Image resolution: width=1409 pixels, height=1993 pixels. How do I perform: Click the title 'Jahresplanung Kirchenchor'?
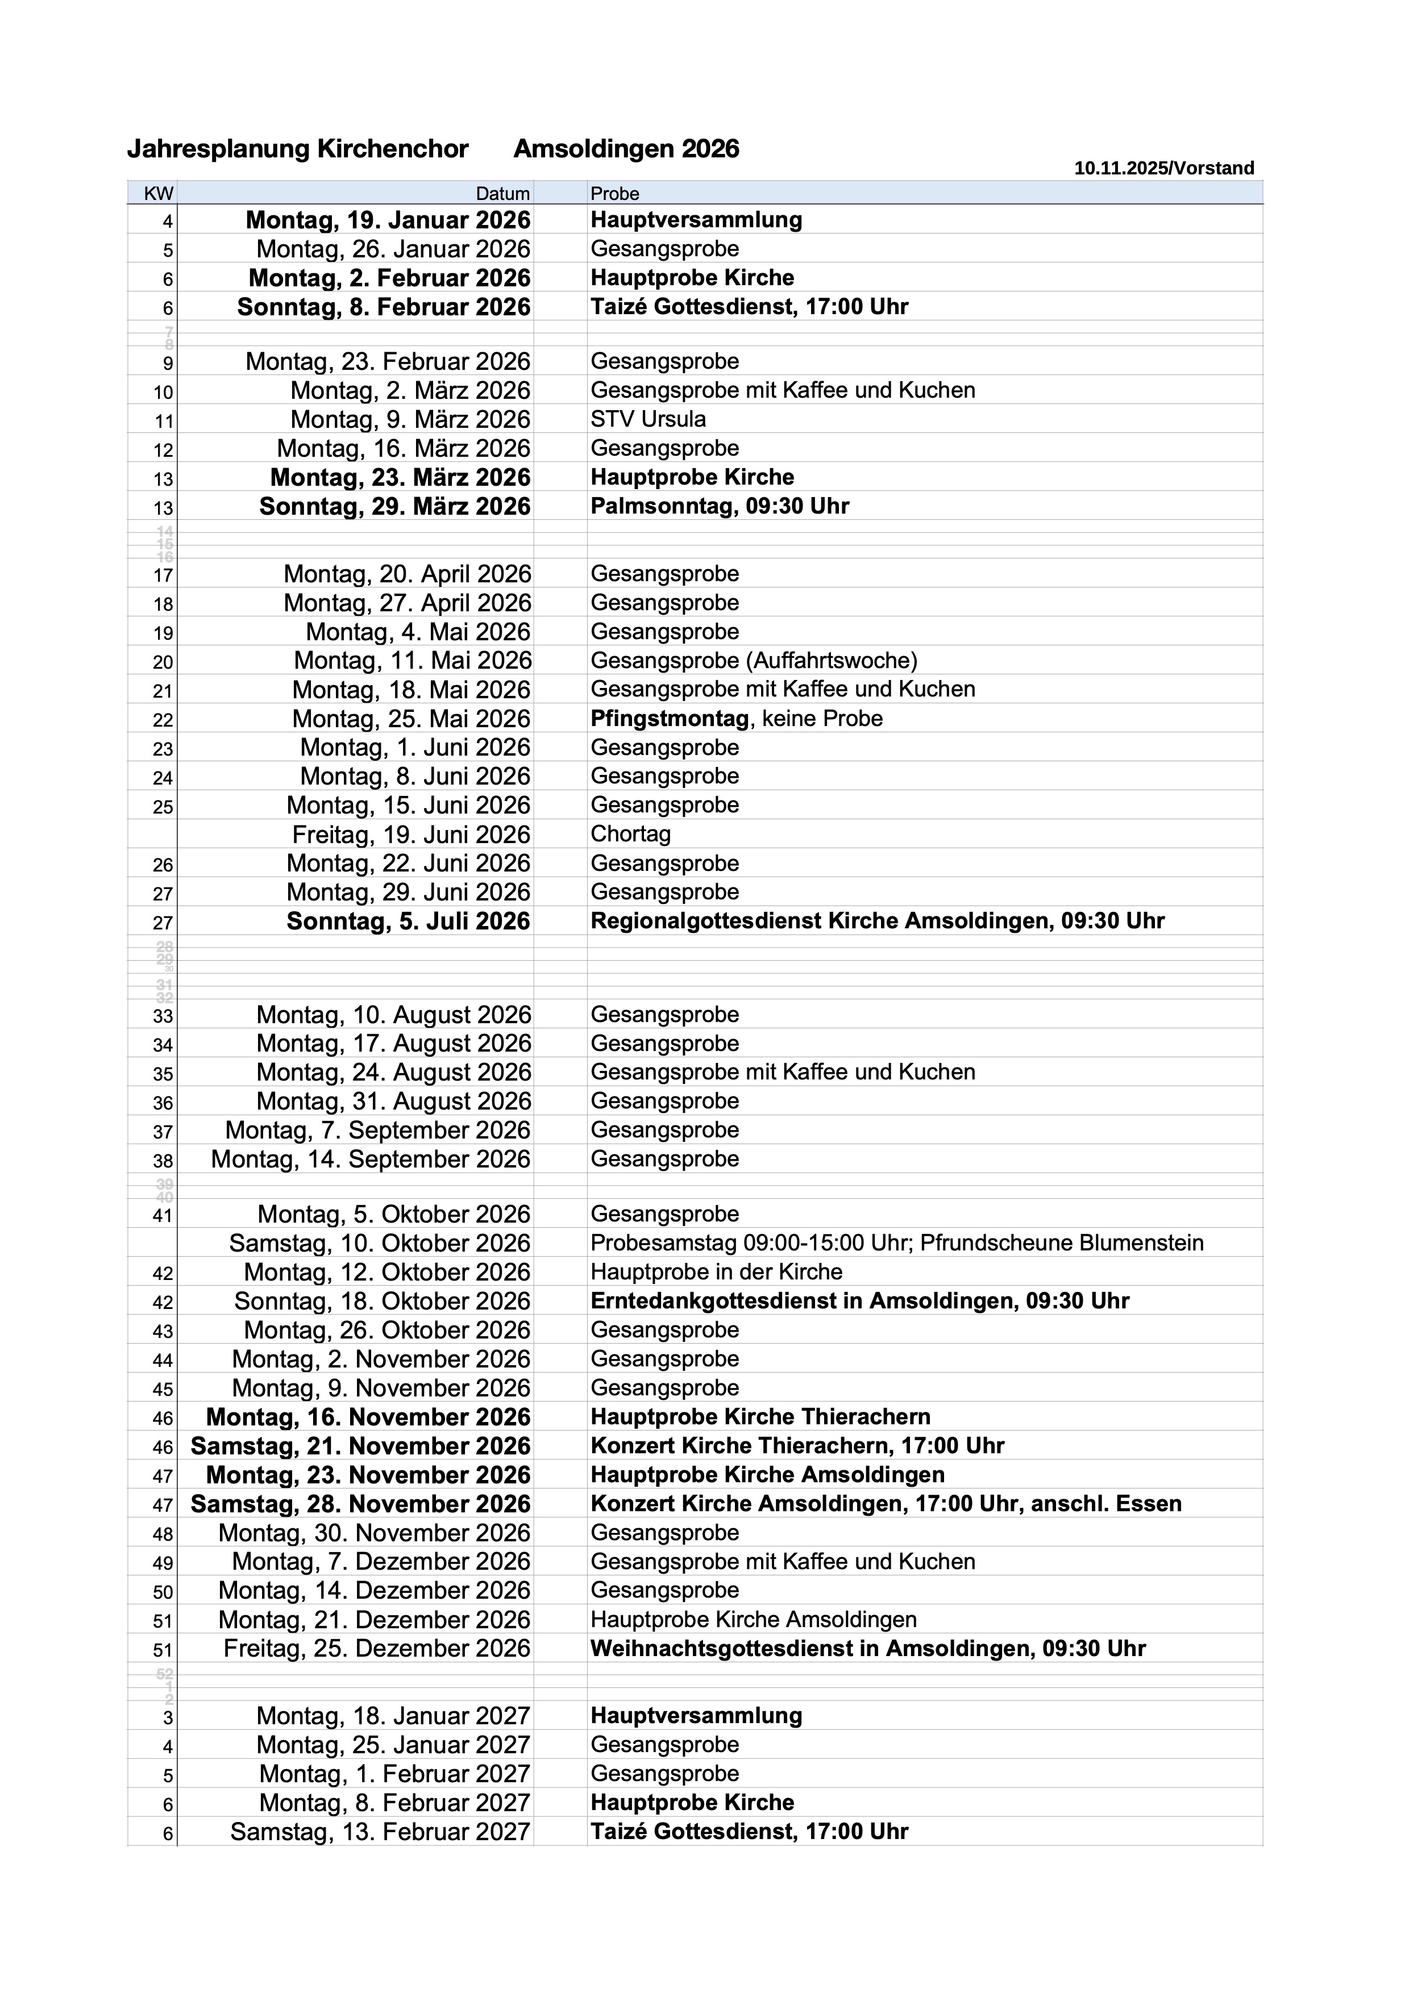click(x=298, y=149)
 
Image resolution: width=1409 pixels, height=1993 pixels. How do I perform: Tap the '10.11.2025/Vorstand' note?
click(x=1163, y=168)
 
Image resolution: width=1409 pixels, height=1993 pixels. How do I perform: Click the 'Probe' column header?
click(x=614, y=194)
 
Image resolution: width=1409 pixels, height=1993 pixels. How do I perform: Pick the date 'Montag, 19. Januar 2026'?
click(x=388, y=220)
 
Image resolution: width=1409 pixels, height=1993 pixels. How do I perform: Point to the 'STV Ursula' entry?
click(x=647, y=419)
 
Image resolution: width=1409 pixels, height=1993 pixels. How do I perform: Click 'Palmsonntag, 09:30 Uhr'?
click(x=720, y=506)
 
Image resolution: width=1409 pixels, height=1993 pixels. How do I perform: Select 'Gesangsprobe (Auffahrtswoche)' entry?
click(x=754, y=661)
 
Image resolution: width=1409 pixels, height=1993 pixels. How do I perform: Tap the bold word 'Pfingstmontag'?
click(x=670, y=719)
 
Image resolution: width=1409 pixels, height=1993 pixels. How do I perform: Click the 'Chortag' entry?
click(x=630, y=834)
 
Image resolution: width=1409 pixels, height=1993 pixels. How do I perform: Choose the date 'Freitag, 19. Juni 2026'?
click(x=410, y=835)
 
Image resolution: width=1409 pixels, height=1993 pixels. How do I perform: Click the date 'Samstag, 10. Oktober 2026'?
click(x=379, y=1243)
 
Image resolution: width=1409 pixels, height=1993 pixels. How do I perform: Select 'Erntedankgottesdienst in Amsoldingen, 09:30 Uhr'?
click(x=859, y=1301)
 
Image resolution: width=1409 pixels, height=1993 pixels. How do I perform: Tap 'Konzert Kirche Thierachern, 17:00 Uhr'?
click(x=797, y=1446)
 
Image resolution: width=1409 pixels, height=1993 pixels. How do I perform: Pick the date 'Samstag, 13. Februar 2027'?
click(x=379, y=1832)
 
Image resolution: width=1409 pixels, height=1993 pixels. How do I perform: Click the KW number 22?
click(x=163, y=720)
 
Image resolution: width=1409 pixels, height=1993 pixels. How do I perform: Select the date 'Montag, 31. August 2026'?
click(x=393, y=1102)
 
